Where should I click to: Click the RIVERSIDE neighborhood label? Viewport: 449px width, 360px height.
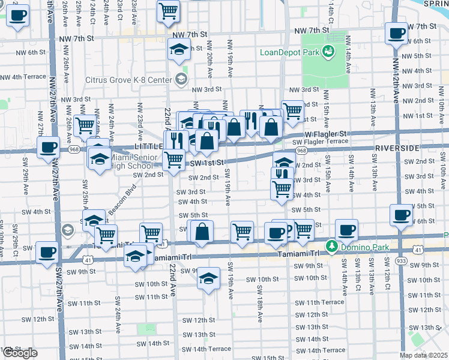[396, 148]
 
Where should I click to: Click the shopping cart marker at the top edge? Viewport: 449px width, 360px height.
[169, 10]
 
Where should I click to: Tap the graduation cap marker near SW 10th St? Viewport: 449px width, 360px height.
[208, 278]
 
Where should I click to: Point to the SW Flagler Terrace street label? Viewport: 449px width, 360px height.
[320, 142]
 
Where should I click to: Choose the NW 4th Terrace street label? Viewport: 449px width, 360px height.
[23, 77]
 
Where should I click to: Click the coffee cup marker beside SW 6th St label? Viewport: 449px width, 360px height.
[401, 215]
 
